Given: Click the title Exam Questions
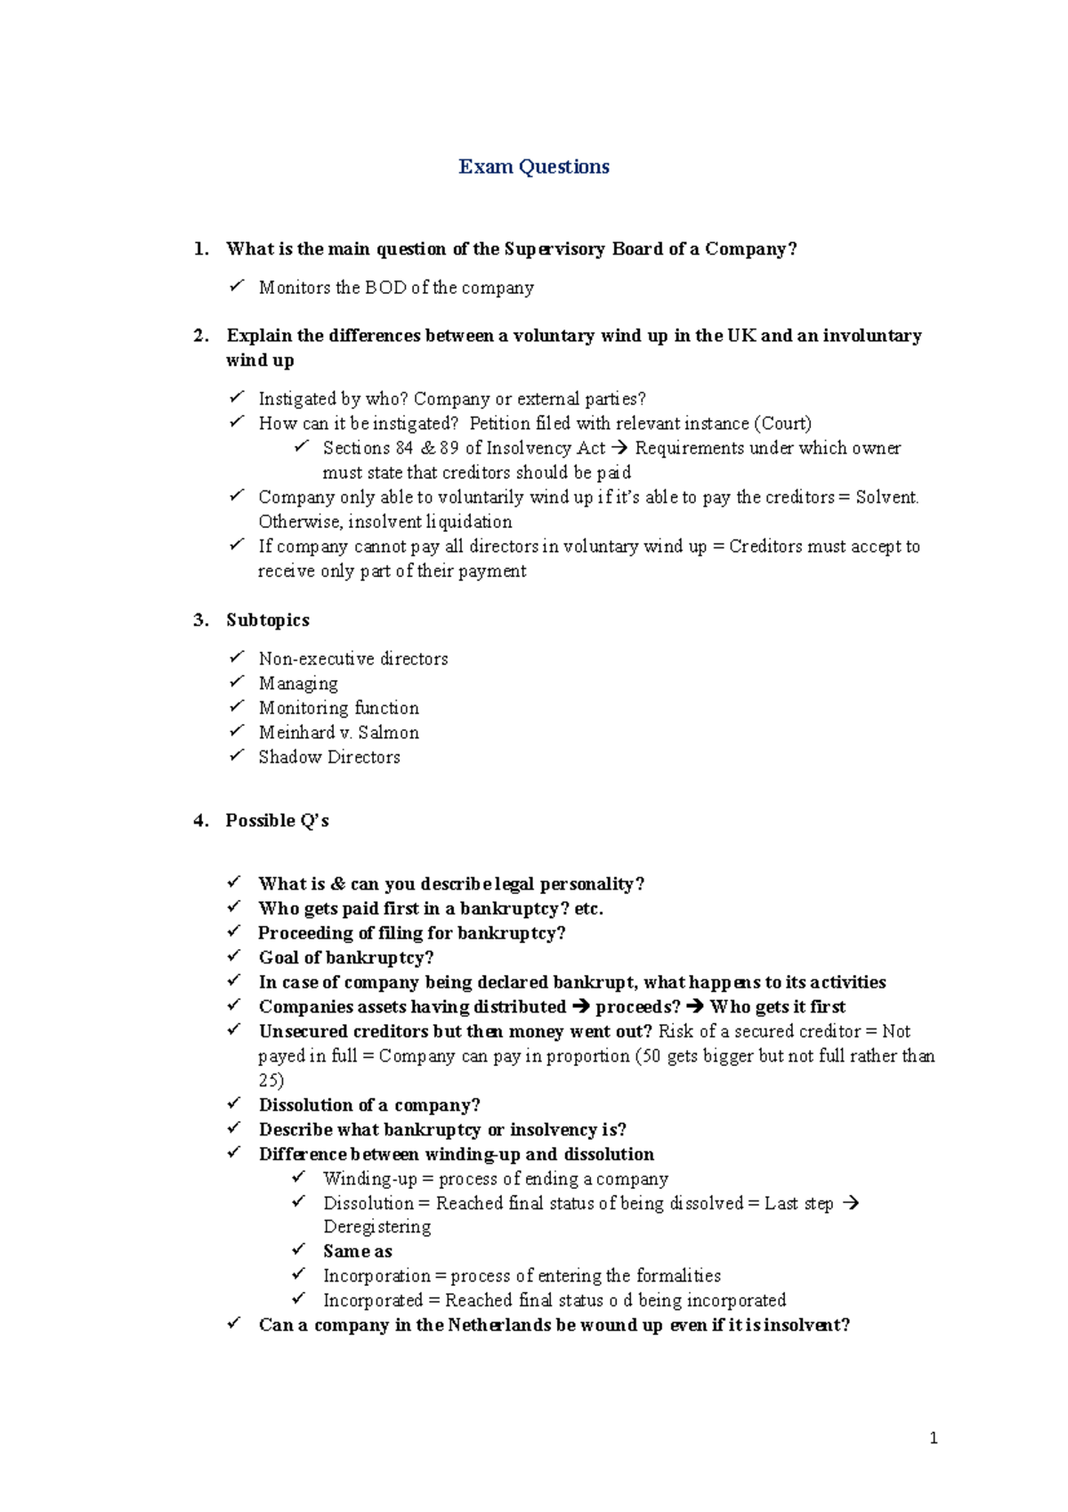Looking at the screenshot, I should (x=533, y=167).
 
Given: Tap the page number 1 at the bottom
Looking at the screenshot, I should (x=933, y=1437).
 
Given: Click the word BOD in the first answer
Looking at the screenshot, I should (x=385, y=288).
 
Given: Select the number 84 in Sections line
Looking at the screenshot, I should (x=404, y=448).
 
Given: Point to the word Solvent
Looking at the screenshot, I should (x=886, y=497).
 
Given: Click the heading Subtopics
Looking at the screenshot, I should (x=267, y=620).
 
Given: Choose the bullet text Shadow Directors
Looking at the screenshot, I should (x=328, y=757).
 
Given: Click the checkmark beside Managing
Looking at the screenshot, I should (x=236, y=682).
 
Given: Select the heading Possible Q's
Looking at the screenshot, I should (x=277, y=820).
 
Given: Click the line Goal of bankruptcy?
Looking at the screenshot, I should (x=345, y=957).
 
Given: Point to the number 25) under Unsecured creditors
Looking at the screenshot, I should (x=271, y=1080).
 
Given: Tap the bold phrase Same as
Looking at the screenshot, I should (x=357, y=1251).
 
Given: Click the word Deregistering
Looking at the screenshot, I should (x=376, y=1227).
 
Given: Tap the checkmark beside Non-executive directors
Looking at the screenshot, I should (x=236, y=657).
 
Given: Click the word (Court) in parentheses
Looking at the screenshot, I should (x=782, y=423).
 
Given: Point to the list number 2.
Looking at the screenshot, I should (x=200, y=336).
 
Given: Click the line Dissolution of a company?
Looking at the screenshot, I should (x=368, y=1105).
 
